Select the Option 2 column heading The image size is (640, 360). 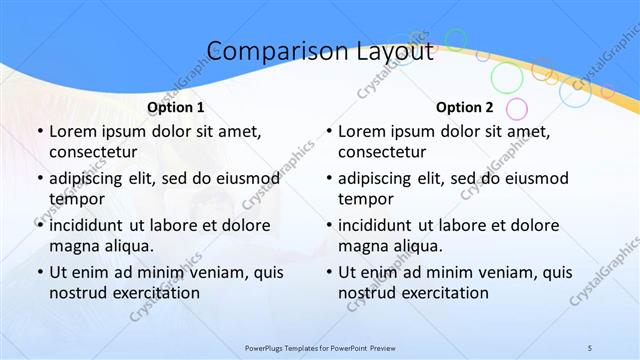(x=465, y=107)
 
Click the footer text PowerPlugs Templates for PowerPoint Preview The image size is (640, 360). (x=320, y=347)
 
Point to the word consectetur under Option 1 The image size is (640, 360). (x=92, y=153)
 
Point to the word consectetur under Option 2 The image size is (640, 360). (x=382, y=153)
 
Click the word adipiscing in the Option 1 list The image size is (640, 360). (x=90, y=177)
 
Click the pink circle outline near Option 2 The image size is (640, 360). (x=516, y=108)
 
